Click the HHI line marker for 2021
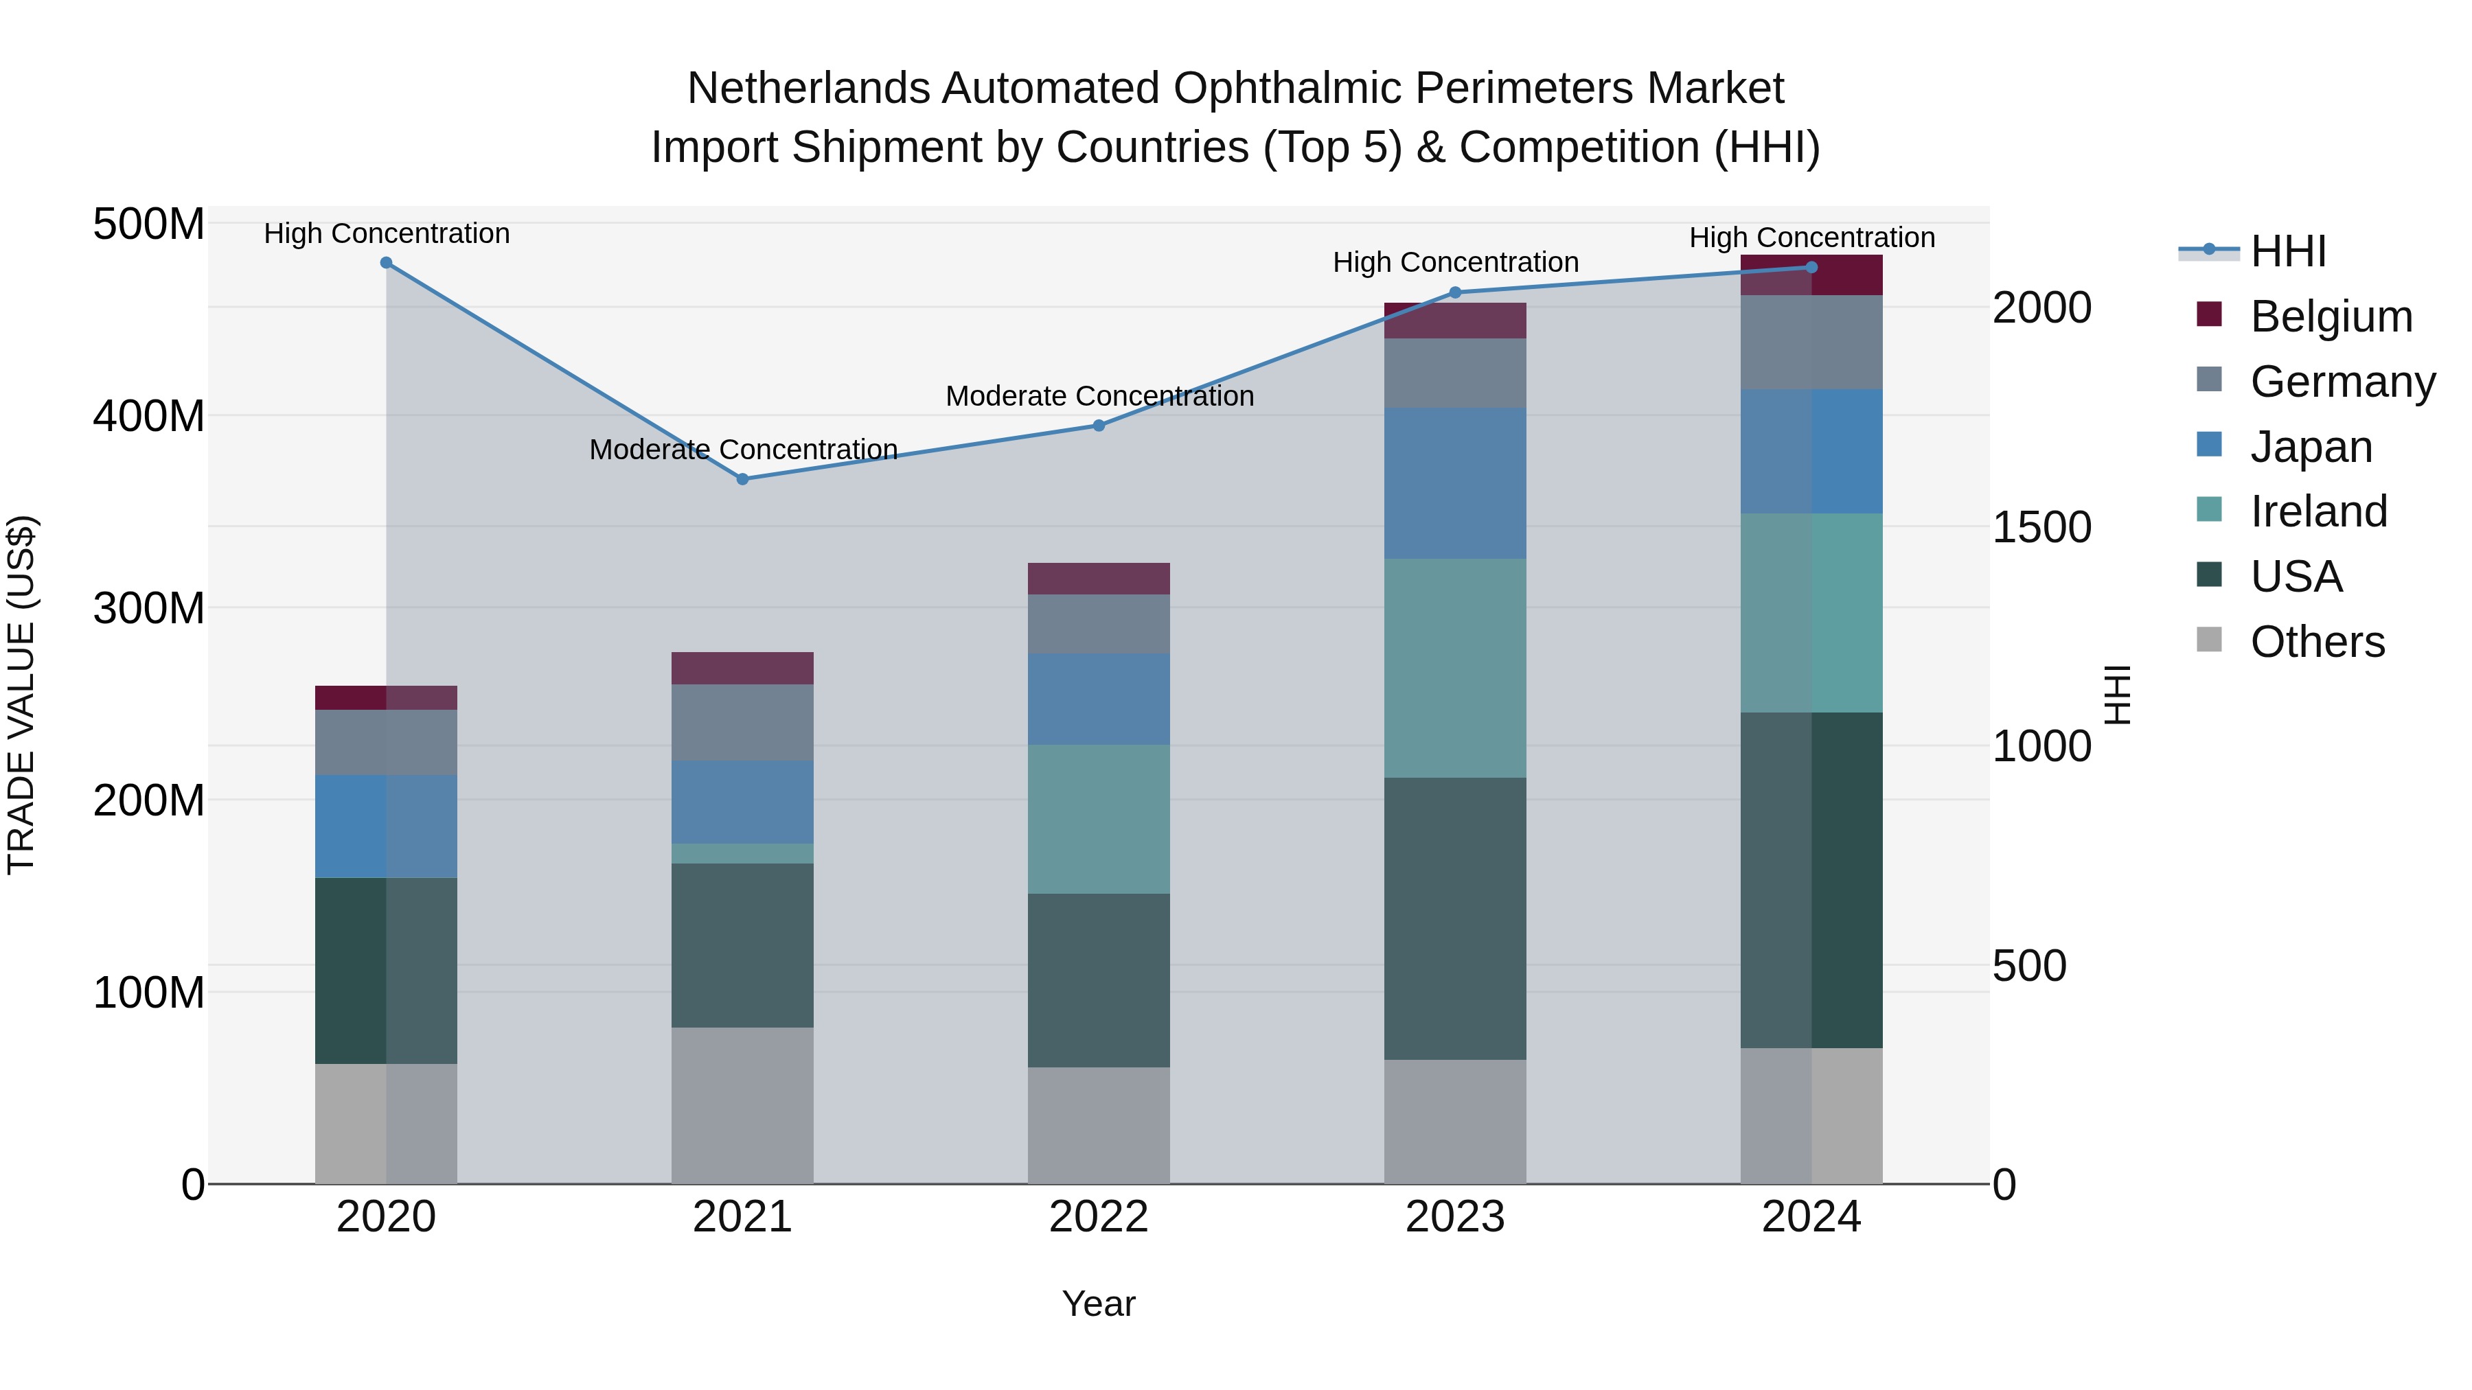tap(742, 478)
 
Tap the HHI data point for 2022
tap(1099, 425)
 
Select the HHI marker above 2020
tap(386, 263)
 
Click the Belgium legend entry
tap(2329, 316)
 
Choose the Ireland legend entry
tap(2317, 511)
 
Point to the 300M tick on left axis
tap(149, 608)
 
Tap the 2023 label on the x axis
tap(1455, 1217)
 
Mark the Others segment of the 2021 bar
tap(742, 1105)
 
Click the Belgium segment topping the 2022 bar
tap(1099, 579)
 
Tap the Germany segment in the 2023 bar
tap(1455, 373)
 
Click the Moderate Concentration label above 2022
tap(1099, 395)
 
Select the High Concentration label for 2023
tap(1455, 262)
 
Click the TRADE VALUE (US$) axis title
tap(21, 695)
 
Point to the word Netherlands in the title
tap(809, 89)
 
